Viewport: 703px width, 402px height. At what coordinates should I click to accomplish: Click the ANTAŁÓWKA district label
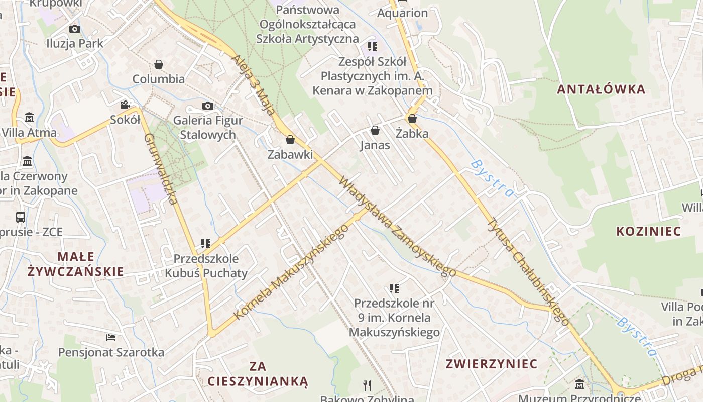point(601,89)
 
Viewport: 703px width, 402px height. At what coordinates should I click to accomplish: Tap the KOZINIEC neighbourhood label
point(648,231)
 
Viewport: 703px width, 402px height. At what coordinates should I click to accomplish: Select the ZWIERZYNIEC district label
point(492,363)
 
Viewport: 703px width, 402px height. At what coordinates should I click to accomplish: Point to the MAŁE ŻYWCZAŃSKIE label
point(75,264)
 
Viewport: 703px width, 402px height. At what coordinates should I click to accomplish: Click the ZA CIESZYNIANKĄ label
point(258,373)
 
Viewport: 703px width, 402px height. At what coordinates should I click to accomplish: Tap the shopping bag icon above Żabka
point(412,119)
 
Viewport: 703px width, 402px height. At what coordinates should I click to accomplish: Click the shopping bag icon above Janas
point(375,131)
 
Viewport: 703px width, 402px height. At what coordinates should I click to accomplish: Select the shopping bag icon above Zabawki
point(290,140)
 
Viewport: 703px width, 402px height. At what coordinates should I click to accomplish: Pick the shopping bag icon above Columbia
point(159,64)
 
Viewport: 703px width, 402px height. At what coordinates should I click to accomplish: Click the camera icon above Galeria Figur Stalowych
point(207,106)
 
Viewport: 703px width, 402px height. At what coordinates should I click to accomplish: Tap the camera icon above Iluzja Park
point(75,29)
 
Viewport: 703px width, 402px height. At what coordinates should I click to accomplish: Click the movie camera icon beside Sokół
point(125,105)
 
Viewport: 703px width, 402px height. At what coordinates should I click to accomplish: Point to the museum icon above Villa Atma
point(29,118)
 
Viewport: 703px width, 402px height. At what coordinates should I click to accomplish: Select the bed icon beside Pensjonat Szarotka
point(111,337)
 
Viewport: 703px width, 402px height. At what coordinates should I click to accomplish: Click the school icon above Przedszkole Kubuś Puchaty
point(205,244)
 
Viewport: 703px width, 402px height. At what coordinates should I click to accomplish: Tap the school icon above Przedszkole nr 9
point(394,288)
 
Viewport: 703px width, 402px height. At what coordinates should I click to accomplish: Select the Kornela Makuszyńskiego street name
point(291,271)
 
